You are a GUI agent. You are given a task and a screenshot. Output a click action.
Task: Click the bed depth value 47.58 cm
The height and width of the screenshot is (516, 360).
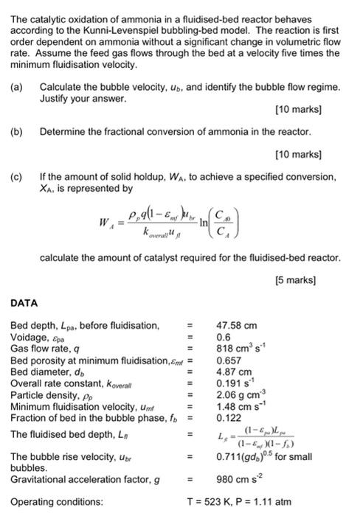(x=236, y=324)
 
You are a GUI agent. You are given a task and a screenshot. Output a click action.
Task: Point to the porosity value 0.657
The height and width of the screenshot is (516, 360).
(x=228, y=360)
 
